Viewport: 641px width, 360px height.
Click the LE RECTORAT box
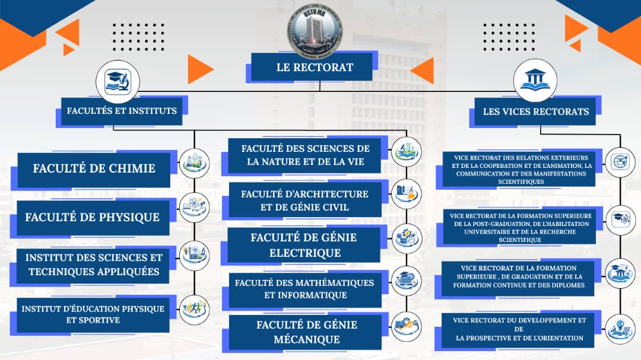314,67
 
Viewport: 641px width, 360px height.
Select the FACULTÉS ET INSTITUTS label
122,111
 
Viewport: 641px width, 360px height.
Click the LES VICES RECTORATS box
535,111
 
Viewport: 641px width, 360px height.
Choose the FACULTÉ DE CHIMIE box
94,168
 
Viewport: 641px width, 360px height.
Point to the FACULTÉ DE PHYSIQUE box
92,217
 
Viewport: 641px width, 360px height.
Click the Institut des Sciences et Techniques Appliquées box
94,265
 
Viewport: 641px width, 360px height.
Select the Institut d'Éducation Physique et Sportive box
93,314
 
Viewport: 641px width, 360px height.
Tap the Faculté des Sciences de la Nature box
305,155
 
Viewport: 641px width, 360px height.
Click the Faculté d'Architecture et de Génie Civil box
305,200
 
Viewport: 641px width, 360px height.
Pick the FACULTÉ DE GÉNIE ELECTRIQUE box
304,245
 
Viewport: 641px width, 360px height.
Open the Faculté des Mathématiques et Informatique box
304,289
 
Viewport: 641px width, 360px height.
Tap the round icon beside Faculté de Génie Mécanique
407,326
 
